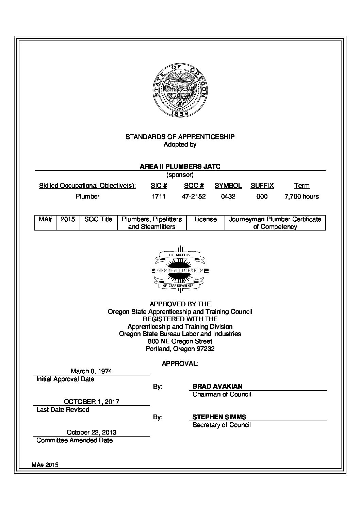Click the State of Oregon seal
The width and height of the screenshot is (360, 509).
click(x=180, y=90)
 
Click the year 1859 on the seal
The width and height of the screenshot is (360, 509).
click(x=180, y=114)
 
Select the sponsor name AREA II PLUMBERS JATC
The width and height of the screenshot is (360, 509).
click(x=180, y=166)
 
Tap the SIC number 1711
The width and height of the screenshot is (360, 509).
click(x=159, y=196)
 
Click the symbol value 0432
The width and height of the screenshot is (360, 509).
click(x=228, y=196)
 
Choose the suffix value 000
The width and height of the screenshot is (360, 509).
click(x=262, y=196)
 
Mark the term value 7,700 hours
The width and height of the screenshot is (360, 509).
click(x=301, y=196)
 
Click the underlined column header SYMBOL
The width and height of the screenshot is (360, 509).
click(x=228, y=186)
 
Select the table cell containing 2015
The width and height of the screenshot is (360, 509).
click(x=68, y=219)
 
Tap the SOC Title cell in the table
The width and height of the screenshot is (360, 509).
click(x=98, y=219)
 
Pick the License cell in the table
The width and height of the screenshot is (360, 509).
click(x=206, y=219)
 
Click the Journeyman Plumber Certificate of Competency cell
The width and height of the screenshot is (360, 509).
click(x=275, y=223)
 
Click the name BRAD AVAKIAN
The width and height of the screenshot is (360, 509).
click(x=217, y=386)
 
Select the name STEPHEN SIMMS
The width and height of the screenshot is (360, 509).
click(x=219, y=417)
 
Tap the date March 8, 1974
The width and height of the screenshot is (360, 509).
click(x=91, y=371)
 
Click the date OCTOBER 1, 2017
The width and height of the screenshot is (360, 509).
click(x=92, y=402)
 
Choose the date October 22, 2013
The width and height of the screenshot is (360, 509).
click(x=92, y=432)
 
